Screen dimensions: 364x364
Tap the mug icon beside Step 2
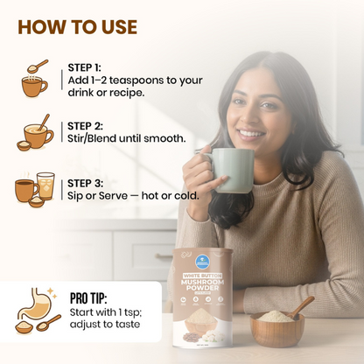coord(35,133)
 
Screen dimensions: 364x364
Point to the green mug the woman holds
coord(232,169)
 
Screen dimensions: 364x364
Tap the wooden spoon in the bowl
coord(300,305)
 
